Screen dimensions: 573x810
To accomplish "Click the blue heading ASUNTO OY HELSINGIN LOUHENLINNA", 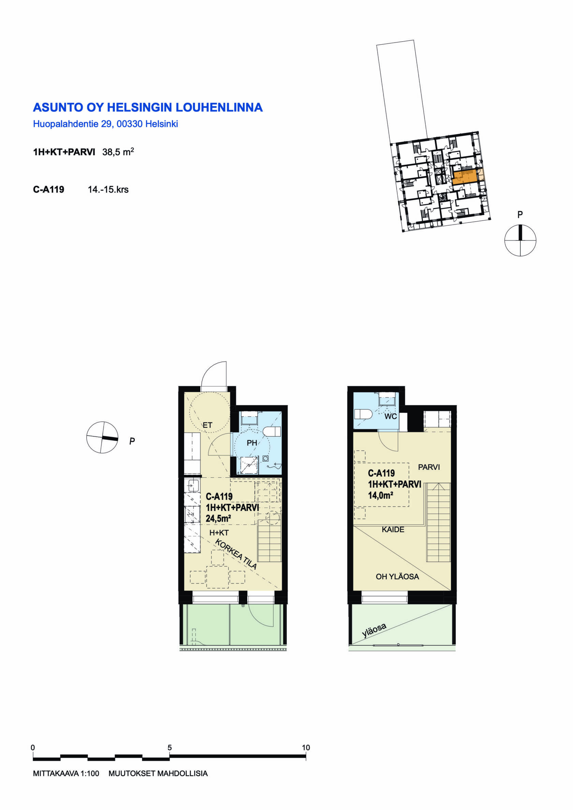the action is click(148, 107).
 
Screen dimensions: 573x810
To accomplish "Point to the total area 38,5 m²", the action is click(118, 152).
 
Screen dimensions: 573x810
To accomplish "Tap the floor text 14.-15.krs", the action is click(108, 190).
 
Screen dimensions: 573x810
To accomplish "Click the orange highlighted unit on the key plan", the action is click(465, 177).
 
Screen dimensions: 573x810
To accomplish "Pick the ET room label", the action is click(208, 425).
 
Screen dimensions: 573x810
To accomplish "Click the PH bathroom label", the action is click(252, 443).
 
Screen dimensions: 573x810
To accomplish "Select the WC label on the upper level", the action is click(391, 416).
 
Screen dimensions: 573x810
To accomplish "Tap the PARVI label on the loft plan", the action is click(429, 467).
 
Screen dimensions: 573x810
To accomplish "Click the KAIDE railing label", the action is click(393, 529).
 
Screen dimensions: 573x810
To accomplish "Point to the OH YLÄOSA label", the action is click(397, 576).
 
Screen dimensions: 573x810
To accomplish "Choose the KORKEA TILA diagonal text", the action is click(236, 554).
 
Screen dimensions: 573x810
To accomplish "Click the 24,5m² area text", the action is click(219, 519).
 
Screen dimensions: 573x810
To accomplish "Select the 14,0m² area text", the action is click(381, 495).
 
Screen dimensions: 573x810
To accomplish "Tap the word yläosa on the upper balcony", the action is click(374, 630).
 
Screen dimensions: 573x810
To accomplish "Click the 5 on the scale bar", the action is click(170, 748).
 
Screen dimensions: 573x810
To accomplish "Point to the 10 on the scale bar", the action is click(306, 748).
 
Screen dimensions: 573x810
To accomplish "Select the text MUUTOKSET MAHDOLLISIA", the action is click(158, 773).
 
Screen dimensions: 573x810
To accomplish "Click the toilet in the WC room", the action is click(362, 414).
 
